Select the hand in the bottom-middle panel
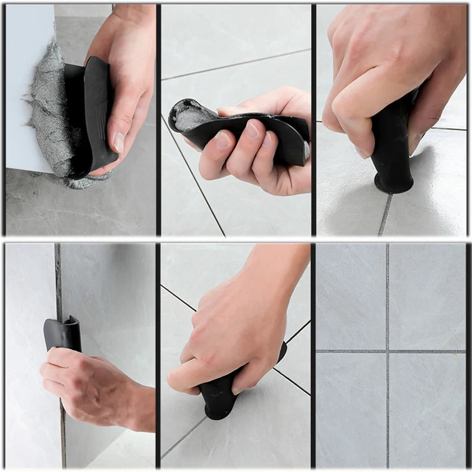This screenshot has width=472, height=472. [x=236, y=330]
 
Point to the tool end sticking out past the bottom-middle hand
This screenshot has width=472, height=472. [x=281, y=352]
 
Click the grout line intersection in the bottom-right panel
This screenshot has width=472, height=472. [x=387, y=352]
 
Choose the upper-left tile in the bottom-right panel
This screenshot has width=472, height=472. [x=351, y=295]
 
